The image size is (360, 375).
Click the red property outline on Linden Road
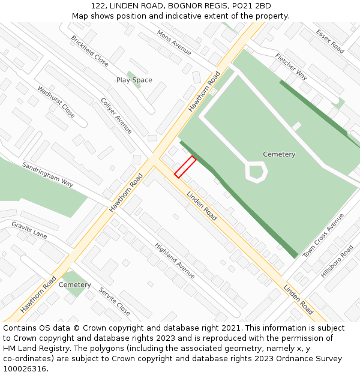(185, 167)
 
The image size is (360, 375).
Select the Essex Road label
(331, 41)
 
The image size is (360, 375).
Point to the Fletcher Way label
(291, 67)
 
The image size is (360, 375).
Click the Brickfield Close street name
(90, 50)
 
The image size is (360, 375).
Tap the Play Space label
(134, 80)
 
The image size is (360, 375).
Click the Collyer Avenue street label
(116, 116)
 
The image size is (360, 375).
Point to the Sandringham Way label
(47, 174)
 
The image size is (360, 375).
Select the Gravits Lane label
(29, 229)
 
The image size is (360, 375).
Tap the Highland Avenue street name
(175, 260)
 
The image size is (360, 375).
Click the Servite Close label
(115, 301)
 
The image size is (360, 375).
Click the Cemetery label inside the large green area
(279, 154)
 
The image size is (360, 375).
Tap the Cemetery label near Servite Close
(75, 285)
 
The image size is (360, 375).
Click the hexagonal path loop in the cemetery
(256, 172)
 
